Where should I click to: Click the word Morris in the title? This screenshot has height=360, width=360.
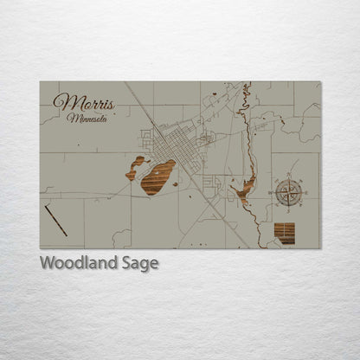[83, 101]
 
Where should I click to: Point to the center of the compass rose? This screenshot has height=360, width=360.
[288, 192]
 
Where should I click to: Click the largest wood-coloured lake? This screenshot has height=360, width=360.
[157, 177]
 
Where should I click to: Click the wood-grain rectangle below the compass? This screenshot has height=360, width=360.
[284, 233]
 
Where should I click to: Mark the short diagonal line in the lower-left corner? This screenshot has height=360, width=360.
[56, 221]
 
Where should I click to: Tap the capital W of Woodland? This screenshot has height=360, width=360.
[47, 263]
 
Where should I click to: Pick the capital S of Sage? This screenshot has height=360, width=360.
[126, 263]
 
